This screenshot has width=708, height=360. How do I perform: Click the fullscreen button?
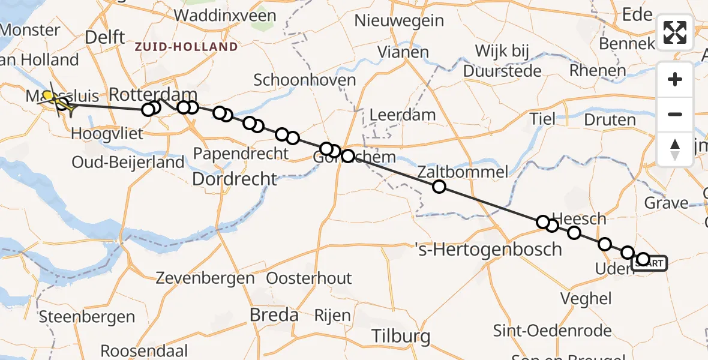675,32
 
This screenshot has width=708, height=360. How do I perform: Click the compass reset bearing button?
675,149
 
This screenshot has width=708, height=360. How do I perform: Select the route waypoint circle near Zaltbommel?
439,187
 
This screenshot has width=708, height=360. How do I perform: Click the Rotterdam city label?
153,95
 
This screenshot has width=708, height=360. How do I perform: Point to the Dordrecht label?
235,179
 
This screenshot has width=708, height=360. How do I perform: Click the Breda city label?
274,314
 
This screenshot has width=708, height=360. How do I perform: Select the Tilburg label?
401,336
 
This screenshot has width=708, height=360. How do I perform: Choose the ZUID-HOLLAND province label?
186,47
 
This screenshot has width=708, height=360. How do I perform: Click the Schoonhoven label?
305,80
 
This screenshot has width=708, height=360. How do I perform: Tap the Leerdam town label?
394,114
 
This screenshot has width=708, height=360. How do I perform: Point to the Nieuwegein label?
399,21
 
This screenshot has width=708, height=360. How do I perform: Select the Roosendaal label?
144,351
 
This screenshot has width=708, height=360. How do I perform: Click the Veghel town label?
586,298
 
